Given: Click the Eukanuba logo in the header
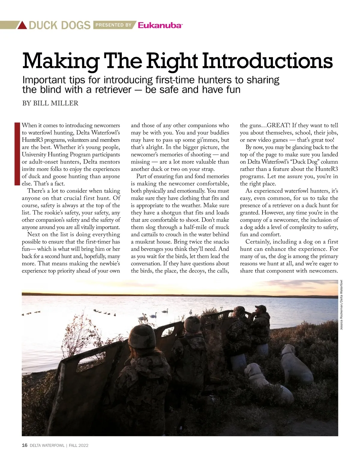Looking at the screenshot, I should click(160, 25).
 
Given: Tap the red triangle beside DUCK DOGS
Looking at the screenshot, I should click(22, 25).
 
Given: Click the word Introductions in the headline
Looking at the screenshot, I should click(267, 61).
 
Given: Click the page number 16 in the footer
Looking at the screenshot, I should click(25, 445).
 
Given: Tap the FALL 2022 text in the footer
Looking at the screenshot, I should click(79, 445).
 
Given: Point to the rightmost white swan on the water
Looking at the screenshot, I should click(190, 312).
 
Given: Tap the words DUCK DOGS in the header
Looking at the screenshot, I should click(59, 25).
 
